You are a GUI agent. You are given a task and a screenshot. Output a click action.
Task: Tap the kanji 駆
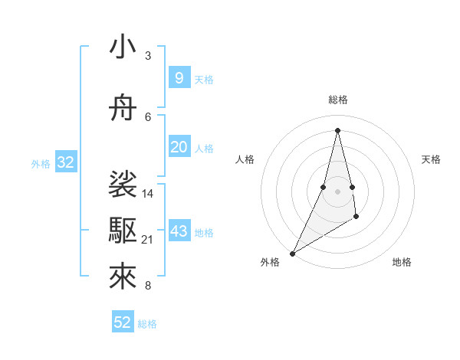[123, 228]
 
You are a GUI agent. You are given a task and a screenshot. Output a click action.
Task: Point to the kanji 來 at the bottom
[123, 277]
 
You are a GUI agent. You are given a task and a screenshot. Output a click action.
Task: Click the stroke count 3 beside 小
[148, 56]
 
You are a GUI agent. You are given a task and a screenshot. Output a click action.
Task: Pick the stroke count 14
[148, 193]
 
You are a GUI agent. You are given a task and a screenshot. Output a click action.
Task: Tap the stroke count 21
[148, 240]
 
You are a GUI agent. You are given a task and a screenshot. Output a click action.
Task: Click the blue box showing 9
[179, 77]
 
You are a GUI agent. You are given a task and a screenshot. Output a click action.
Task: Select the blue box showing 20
[179, 147]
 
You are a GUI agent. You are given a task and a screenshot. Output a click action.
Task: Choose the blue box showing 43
[179, 231]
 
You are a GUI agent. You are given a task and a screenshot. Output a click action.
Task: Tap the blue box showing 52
[123, 322]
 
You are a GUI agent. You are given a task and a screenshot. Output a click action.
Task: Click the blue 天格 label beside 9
[204, 79]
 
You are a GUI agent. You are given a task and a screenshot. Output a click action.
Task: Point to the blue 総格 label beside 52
[147, 324]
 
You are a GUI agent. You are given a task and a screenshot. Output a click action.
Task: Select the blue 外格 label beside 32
[41, 163]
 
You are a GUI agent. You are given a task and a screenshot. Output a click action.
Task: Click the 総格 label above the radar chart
[337, 100]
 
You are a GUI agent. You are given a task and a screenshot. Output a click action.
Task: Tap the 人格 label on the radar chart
[245, 159]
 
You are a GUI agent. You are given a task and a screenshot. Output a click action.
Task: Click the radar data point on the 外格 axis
[292, 253]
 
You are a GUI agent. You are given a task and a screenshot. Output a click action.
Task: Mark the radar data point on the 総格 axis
[337, 129]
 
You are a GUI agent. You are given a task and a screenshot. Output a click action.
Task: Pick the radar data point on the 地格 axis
[356, 218]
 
